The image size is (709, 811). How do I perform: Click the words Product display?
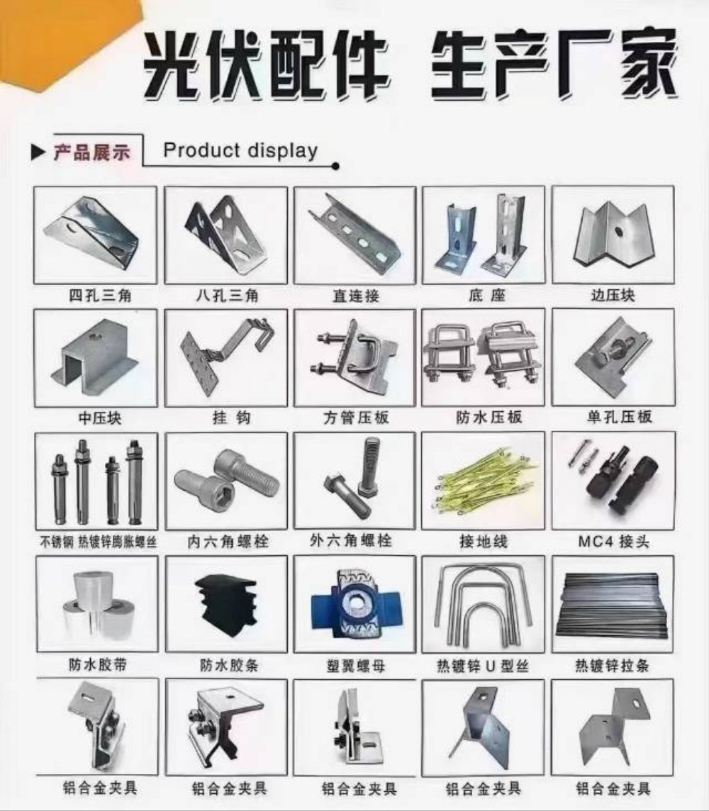click(240, 150)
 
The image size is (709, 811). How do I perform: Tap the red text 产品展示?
click(91, 152)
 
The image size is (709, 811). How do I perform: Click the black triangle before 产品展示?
click(38, 152)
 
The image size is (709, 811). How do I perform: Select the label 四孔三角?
click(101, 296)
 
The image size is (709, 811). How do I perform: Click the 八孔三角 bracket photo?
click(225, 235)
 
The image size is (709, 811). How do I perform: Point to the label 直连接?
click(356, 296)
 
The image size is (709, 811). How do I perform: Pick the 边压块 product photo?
click(613, 235)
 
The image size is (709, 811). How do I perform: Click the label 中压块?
click(100, 418)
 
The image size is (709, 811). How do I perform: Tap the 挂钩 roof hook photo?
click(225, 356)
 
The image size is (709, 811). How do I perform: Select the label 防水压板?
click(489, 417)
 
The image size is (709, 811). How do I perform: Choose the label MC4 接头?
click(613, 541)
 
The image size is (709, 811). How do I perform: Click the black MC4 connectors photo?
click(613, 479)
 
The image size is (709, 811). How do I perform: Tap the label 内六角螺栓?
click(228, 542)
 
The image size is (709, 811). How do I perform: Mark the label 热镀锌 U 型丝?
click(483, 666)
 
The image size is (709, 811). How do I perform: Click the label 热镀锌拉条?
click(613, 665)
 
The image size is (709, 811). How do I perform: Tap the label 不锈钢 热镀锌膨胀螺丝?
click(99, 542)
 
